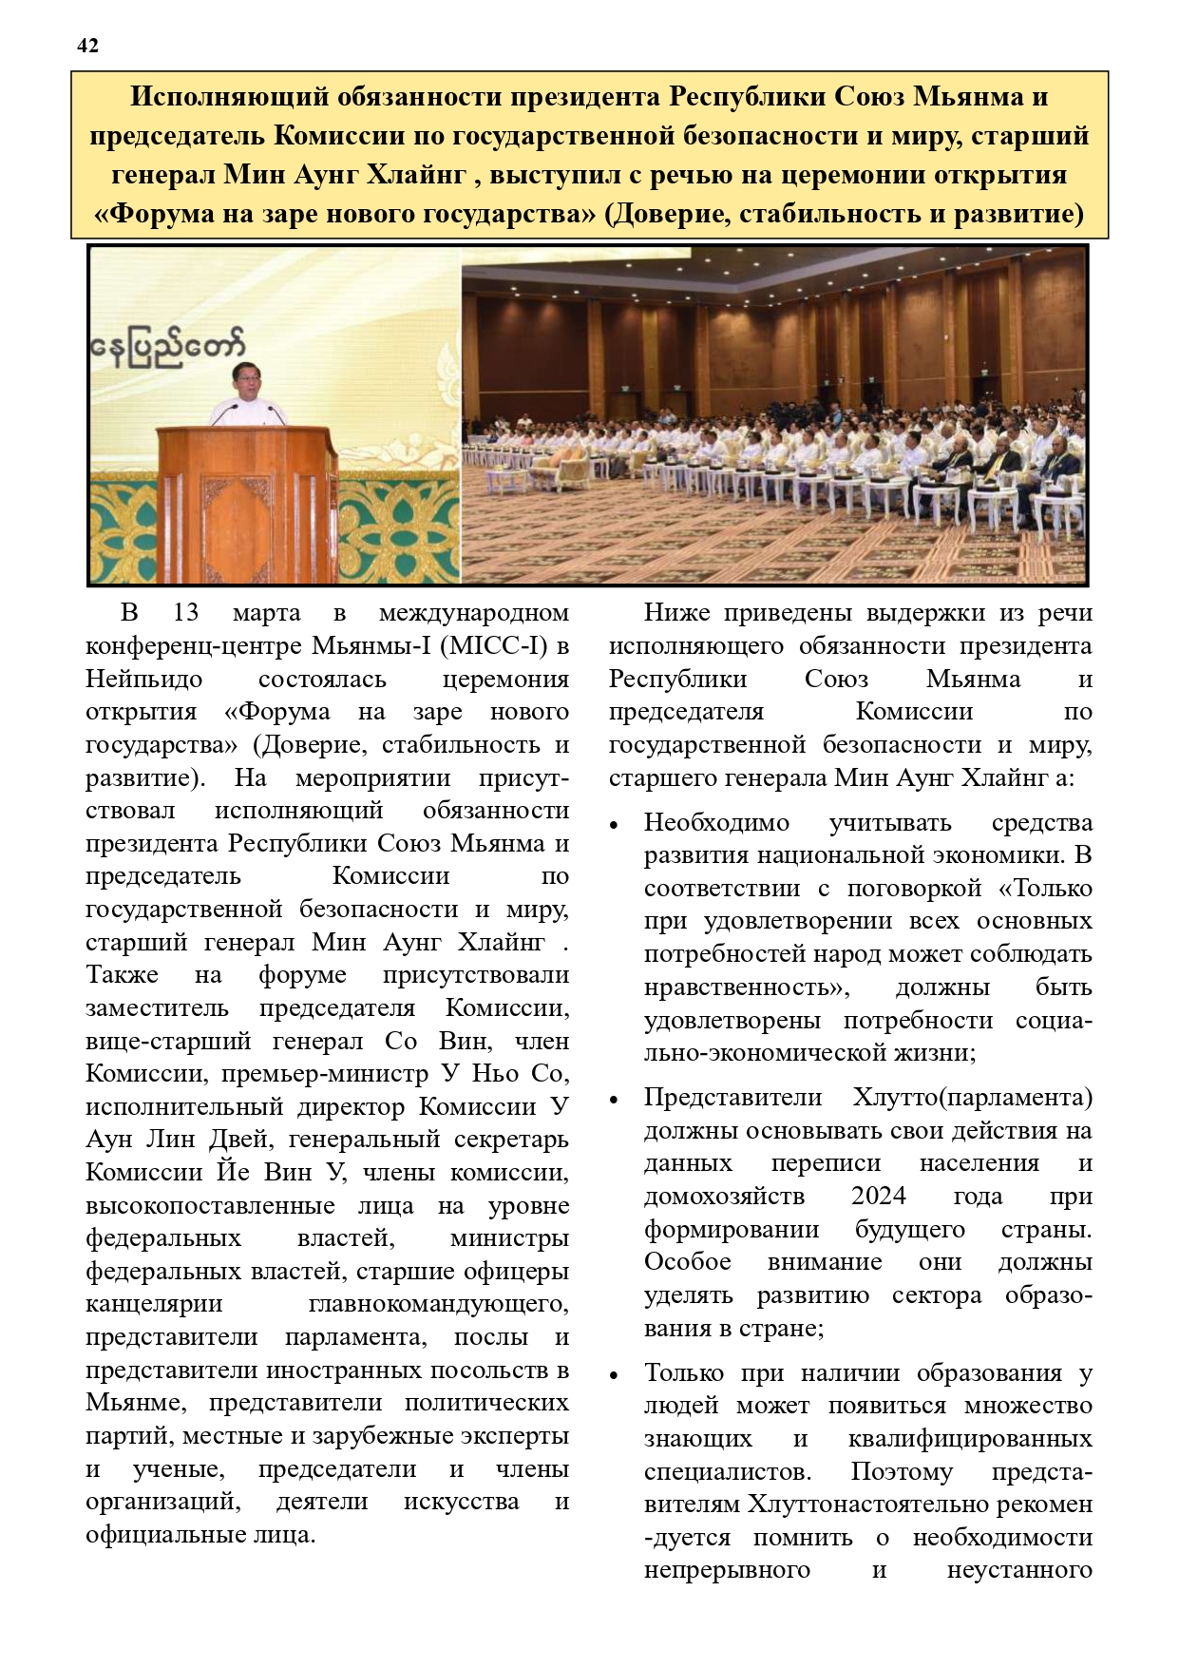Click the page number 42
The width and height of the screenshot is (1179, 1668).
tap(87, 46)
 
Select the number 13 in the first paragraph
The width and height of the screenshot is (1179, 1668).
tap(185, 613)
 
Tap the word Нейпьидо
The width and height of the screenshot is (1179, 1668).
tap(144, 680)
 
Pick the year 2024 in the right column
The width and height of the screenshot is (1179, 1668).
tap(878, 1196)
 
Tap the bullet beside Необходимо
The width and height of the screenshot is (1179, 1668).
tap(615, 825)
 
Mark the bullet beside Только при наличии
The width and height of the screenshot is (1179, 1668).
tap(615, 1375)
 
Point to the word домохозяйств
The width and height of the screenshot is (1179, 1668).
tap(724, 1196)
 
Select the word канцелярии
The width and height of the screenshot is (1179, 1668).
tap(154, 1304)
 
